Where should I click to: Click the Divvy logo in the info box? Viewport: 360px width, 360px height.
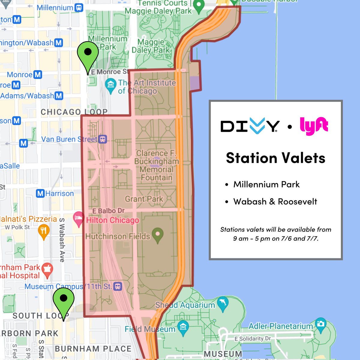click(250, 126)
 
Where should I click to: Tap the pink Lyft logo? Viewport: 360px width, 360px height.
click(314, 126)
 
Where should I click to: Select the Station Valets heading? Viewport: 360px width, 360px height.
click(275, 158)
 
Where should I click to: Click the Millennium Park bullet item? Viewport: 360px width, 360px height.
click(266, 184)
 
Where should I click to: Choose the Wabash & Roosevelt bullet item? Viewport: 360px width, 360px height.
click(275, 202)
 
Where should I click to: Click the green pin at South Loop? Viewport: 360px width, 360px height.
click(64, 299)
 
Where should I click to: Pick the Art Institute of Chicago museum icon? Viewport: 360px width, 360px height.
click(111, 85)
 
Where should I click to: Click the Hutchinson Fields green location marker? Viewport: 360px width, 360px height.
click(157, 234)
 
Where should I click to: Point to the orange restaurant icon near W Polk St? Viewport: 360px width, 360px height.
click(44, 231)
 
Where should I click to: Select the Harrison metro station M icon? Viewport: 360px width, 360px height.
click(40, 193)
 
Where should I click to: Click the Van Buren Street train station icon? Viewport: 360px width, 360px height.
click(103, 139)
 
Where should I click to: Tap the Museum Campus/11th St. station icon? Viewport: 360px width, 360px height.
click(118, 286)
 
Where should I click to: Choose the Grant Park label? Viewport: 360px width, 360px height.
click(144, 199)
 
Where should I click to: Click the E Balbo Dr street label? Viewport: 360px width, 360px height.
click(108, 211)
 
